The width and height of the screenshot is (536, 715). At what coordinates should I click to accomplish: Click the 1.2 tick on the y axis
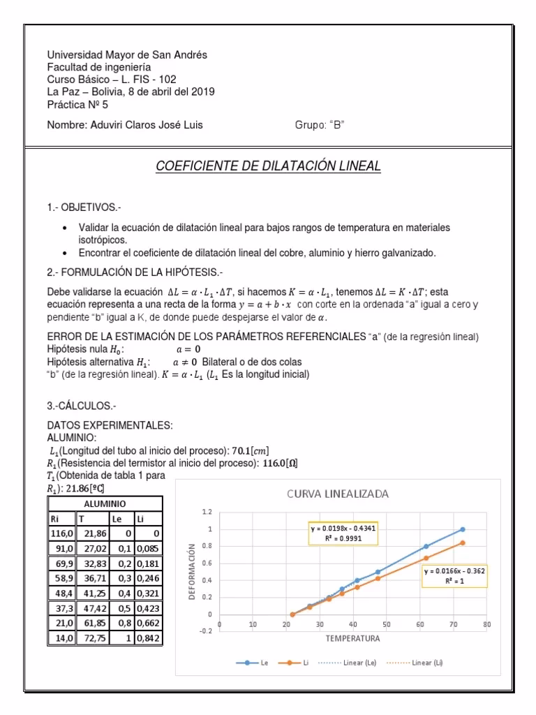[206, 512]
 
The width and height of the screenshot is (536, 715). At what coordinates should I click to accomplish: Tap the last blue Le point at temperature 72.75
[462, 529]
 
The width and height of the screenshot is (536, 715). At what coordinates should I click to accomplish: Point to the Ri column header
[54, 519]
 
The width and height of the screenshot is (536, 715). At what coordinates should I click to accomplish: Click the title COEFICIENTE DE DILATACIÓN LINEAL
[269, 166]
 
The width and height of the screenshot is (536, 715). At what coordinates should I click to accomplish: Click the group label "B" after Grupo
[337, 126]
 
